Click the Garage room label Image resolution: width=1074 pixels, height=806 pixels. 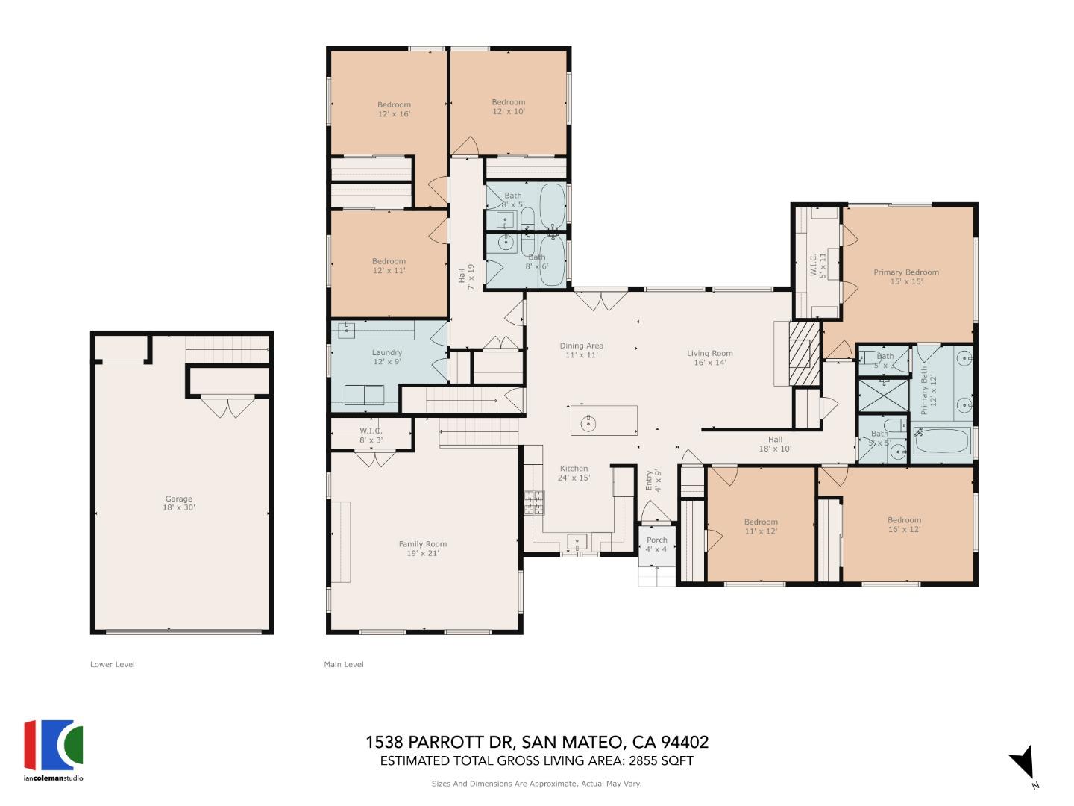click(x=179, y=503)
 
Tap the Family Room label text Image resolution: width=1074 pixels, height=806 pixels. click(x=422, y=549)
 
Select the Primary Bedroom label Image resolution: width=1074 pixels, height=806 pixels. click(x=906, y=277)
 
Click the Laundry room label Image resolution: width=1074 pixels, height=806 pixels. click(x=387, y=357)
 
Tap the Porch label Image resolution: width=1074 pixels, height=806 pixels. click(x=657, y=544)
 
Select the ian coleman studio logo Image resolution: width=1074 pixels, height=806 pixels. click(x=53, y=749)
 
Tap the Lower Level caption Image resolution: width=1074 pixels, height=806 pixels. click(x=113, y=664)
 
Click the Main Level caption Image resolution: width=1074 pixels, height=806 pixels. click(x=344, y=664)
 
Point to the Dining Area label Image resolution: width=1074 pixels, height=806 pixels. click(x=582, y=350)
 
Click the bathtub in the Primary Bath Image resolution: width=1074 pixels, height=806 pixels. click(x=941, y=440)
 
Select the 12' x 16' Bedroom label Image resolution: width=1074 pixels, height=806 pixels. click(x=394, y=110)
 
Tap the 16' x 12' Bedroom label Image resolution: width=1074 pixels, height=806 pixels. click(x=904, y=525)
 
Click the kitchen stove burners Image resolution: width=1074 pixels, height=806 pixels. click(x=534, y=502)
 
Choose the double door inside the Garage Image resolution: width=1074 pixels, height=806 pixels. click(x=228, y=407)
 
